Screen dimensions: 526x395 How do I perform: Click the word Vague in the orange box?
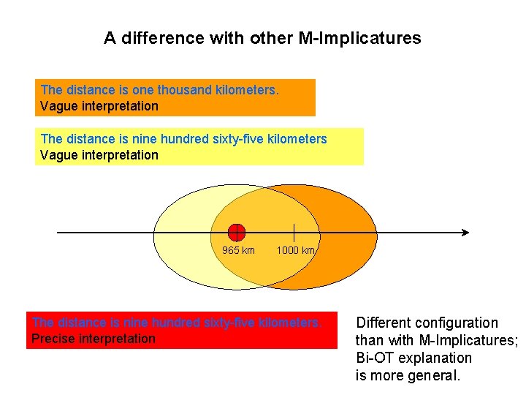pyautogui.click(x=57, y=106)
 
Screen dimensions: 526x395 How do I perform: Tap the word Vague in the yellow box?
pyautogui.click(x=57, y=155)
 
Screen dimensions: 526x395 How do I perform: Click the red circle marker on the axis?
pyautogui.click(x=236, y=233)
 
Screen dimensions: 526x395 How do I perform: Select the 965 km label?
pyautogui.click(x=238, y=250)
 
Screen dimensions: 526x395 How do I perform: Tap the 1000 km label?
pyautogui.click(x=295, y=250)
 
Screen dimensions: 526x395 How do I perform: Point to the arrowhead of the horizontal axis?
pyautogui.click(x=465, y=233)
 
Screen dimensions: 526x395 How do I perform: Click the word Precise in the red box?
pyautogui.click(x=53, y=339)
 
